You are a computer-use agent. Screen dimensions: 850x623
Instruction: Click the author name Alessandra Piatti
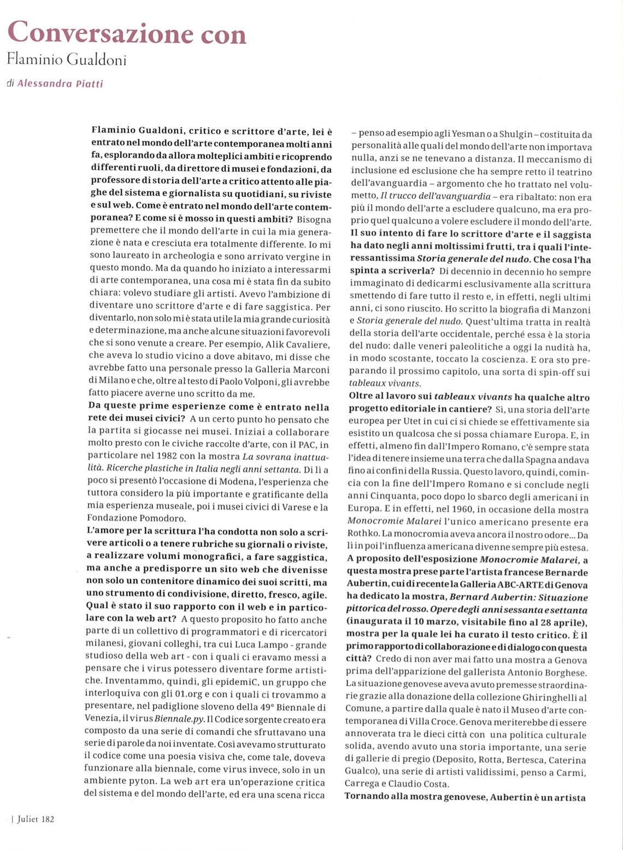tap(60, 84)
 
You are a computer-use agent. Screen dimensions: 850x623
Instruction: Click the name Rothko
tap(360, 535)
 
